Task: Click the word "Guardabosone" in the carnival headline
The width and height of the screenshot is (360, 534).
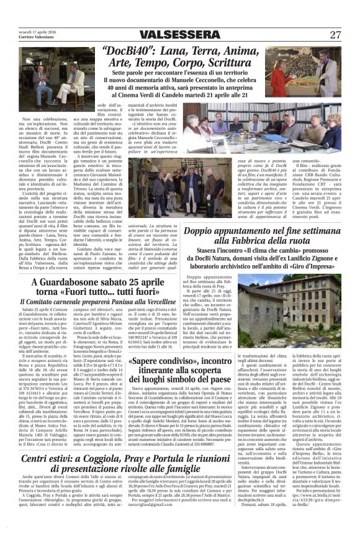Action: pos(84,283)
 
